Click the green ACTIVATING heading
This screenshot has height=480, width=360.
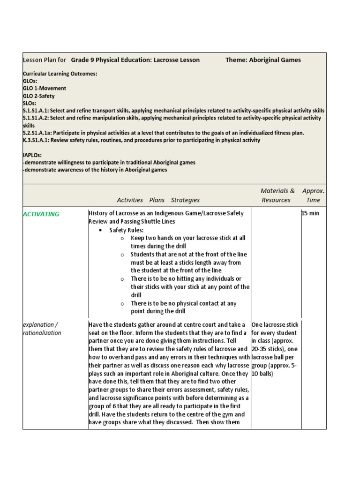(x=41, y=214)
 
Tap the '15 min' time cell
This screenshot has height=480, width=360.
(x=310, y=214)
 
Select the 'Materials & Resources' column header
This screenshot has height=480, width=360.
(x=277, y=195)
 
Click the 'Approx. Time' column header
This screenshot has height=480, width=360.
(x=313, y=195)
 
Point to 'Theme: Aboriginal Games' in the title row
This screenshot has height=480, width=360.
(x=263, y=60)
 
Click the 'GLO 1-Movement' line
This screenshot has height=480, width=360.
(x=45, y=88)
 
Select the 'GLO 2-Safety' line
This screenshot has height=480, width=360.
(x=39, y=96)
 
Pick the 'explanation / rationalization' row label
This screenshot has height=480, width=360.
(x=42, y=329)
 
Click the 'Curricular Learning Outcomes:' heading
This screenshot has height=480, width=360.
(x=60, y=74)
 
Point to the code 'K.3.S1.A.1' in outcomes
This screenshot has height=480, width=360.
(x=36, y=140)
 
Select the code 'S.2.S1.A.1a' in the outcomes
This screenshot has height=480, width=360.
(x=37, y=133)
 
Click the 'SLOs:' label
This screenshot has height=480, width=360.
(x=30, y=103)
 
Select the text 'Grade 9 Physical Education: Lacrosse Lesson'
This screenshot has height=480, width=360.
(x=135, y=60)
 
